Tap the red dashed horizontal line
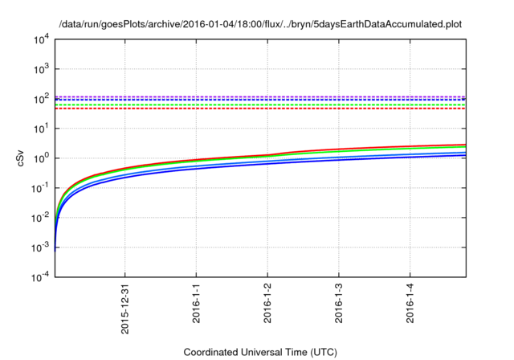tap(257, 108)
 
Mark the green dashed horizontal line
tap(257, 104)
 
